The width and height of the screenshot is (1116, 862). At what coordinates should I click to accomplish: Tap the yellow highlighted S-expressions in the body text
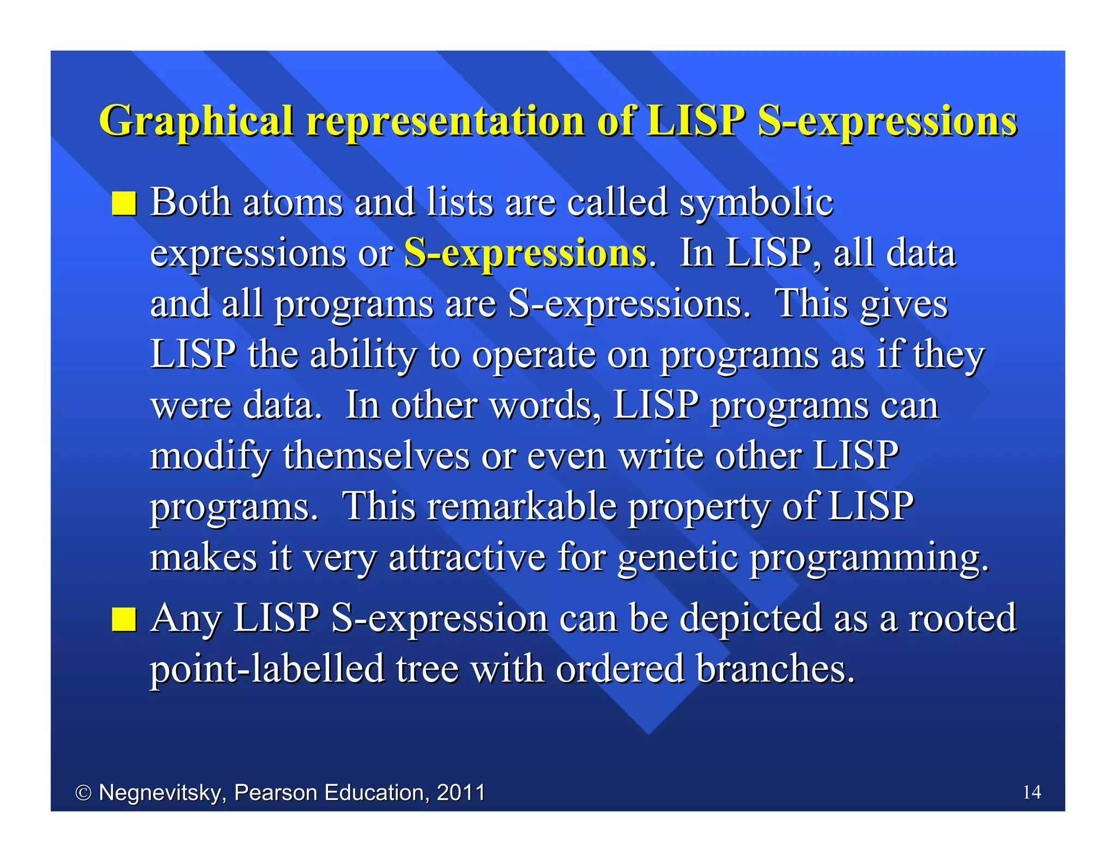[x=525, y=253]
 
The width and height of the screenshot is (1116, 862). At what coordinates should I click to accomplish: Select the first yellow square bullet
[x=124, y=204]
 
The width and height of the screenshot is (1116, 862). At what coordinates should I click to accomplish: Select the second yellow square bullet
[x=124, y=619]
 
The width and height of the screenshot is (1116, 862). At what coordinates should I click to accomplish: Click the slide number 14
[x=1032, y=792]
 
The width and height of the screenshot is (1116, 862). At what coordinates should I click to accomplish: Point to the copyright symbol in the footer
[x=83, y=793]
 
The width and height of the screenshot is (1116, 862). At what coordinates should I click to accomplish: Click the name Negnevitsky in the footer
[x=162, y=793]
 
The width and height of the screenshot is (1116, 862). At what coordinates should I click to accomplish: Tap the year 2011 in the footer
[x=461, y=792]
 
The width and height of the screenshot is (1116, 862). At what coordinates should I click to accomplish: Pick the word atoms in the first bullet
[x=293, y=203]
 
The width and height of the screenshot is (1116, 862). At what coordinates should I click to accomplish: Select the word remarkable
[x=522, y=507]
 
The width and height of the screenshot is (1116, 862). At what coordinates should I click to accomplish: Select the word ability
[x=363, y=355]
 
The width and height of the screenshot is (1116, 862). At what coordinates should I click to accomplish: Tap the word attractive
[x=467, y=558]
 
